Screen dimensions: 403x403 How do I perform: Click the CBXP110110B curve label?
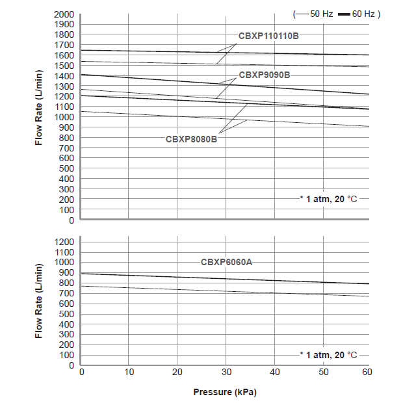(x=268, y=35)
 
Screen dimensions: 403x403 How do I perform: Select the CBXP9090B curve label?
(x=265, y=75)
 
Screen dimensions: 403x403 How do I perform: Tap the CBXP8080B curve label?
(x=191, y=138)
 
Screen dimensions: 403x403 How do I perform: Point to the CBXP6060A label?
(x=226, y=262)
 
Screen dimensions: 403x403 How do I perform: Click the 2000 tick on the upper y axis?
(x=64, y=14)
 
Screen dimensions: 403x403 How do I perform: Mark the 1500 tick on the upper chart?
(x=64, y=66)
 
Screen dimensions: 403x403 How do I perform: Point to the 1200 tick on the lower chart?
(x=64, y=242)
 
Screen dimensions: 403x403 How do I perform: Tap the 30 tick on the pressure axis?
(x=226, y=372)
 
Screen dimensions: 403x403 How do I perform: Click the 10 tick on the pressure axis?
(x=129, y=372)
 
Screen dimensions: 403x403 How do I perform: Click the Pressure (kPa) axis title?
(x=225, y=392)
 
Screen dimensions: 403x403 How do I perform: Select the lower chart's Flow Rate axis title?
(x=38, y=300)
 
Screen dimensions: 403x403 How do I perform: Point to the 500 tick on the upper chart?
(x=66, y=168)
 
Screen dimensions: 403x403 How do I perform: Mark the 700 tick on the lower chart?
(x=66, y=293)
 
